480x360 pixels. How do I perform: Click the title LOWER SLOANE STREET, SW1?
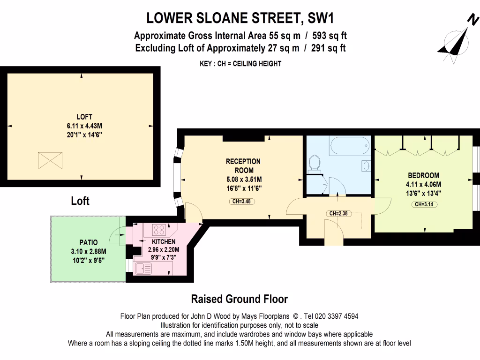click(240, 18)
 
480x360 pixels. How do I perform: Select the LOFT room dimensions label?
click(85, 126)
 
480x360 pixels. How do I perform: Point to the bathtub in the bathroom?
click(350, 145)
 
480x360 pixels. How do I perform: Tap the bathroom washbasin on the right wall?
click(366, 166)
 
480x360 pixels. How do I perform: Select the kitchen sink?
click(143, 268)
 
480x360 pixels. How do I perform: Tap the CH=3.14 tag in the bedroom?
click(424, 204)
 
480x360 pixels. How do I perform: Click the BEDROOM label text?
click(424, 175)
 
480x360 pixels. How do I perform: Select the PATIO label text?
click(88, 242)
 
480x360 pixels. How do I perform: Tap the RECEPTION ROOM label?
click(243, 165)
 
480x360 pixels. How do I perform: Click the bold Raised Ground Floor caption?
click(239, 299)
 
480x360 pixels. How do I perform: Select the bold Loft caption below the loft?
click(80, 201)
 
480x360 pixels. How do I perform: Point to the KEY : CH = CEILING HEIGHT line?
click(240, 63)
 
